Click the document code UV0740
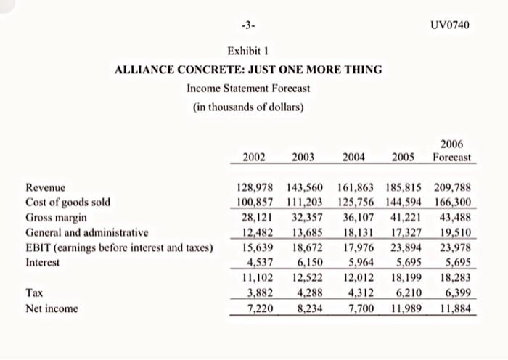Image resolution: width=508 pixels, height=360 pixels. click(x=450, y=25)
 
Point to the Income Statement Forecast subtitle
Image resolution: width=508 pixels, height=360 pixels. click(x=248, y=89)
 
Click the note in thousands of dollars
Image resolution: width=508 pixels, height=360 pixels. click(x=248, y=107)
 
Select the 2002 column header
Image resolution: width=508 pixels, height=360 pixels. click(x=253, y=157)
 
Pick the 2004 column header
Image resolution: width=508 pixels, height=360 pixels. click(x=353, y=157)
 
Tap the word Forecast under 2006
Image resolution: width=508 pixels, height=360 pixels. click(x=451, y=157)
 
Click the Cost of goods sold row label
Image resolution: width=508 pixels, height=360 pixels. click(x=67, y=202)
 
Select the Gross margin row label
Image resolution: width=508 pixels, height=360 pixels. click(x=57, y=217)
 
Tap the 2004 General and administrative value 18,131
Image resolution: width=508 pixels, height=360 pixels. click(x=356, y=232)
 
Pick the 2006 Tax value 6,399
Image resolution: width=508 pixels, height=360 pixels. click(x=454, y=293)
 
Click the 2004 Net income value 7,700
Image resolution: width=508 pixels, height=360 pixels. click(x=358, y=308)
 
